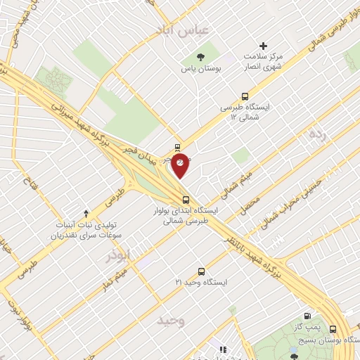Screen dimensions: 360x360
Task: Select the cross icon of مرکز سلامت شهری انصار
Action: click(x=264, y=45)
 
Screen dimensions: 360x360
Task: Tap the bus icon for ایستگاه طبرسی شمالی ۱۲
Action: click(x=245, y=96)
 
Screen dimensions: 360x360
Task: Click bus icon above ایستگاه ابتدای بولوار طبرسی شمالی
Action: click(x=186, y=198)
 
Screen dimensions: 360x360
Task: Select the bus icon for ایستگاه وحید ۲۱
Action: click(x=202, y=271)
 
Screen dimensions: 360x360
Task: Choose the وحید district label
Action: click(x=170, y=321)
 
